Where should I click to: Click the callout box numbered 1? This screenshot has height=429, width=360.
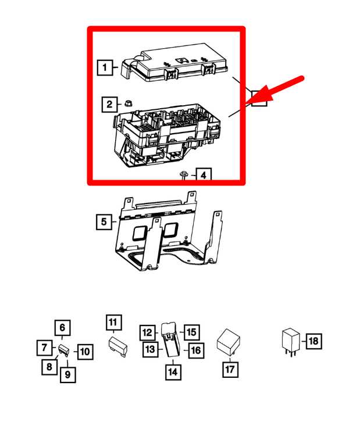click(105, 69)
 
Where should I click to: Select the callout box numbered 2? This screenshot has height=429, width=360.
click(109, 105)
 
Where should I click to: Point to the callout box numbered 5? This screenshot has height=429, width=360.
click(104, 221)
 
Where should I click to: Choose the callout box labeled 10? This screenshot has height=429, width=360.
click(85, 351)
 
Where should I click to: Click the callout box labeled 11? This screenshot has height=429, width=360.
click(113, 322)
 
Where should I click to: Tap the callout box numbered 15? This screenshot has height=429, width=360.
click(191, 332)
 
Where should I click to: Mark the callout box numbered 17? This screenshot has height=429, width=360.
click(230, 369)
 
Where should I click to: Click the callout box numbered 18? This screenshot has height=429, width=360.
click(313, 341)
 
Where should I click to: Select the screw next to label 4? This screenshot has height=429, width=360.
click(184, 174)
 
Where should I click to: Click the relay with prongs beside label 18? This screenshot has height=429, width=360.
click(290, 342)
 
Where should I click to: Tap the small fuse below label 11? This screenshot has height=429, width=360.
click(118, 347)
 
